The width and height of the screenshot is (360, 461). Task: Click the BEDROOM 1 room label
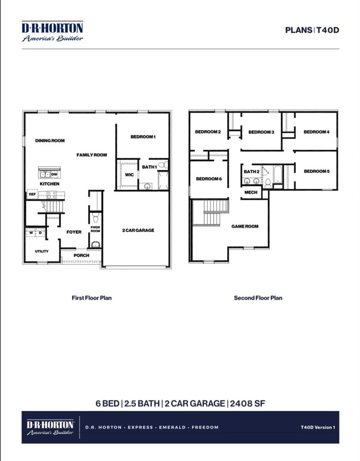[x=143, y=137]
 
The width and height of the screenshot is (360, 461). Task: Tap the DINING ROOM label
[x=50, y=141]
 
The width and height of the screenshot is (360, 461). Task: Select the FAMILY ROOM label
[x=91, y=155]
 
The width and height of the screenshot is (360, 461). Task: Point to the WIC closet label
[x=129, y=175]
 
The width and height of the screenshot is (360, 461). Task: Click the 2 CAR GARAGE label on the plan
[x=138, y=230]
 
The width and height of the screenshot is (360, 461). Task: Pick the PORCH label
[x=81, y=255]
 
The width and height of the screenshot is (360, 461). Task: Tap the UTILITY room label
[x=42, y=252]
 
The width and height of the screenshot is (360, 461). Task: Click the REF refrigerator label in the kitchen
[x=32, y=194]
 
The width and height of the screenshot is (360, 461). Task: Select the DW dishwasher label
[x=54, y=174]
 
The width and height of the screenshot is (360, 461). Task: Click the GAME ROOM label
[x=245, y=226]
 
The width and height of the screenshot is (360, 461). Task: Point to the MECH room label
[x=251, y=192]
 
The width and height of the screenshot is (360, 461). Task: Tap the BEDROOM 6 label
[x=209, y=179]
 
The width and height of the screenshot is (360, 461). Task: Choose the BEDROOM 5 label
[x=316, y=171]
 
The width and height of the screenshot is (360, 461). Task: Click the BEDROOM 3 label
[x=261, y=132]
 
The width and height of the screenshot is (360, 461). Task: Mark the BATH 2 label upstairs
[x=251, y=172]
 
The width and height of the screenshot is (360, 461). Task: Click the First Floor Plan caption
[x=92, y=298]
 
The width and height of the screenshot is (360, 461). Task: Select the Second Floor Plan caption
[x=258, y=298]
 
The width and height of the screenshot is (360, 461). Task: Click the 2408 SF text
[x=248, y=403]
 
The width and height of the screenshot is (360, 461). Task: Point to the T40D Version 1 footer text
[x=318, y=427]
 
